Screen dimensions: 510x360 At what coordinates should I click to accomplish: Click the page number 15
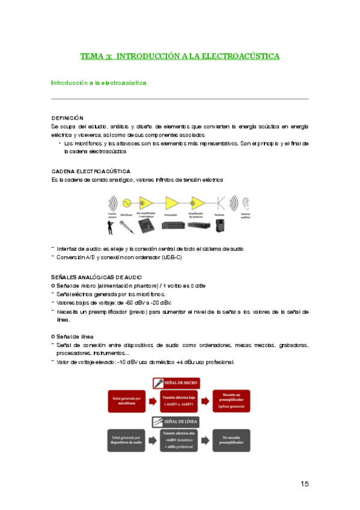305,484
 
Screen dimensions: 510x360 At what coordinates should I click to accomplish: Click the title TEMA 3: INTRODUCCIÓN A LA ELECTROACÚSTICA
180,57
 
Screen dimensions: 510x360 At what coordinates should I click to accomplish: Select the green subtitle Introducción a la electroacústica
99,82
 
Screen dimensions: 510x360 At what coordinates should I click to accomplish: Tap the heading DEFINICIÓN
67,118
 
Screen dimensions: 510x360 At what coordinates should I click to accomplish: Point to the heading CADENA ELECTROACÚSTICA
91,171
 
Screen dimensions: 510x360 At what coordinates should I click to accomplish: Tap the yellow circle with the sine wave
127,202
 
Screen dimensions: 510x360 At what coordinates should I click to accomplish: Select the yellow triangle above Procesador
171,202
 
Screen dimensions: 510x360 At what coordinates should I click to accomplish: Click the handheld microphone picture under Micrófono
126,226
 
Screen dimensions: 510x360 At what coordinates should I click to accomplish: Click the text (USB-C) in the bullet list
170,257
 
